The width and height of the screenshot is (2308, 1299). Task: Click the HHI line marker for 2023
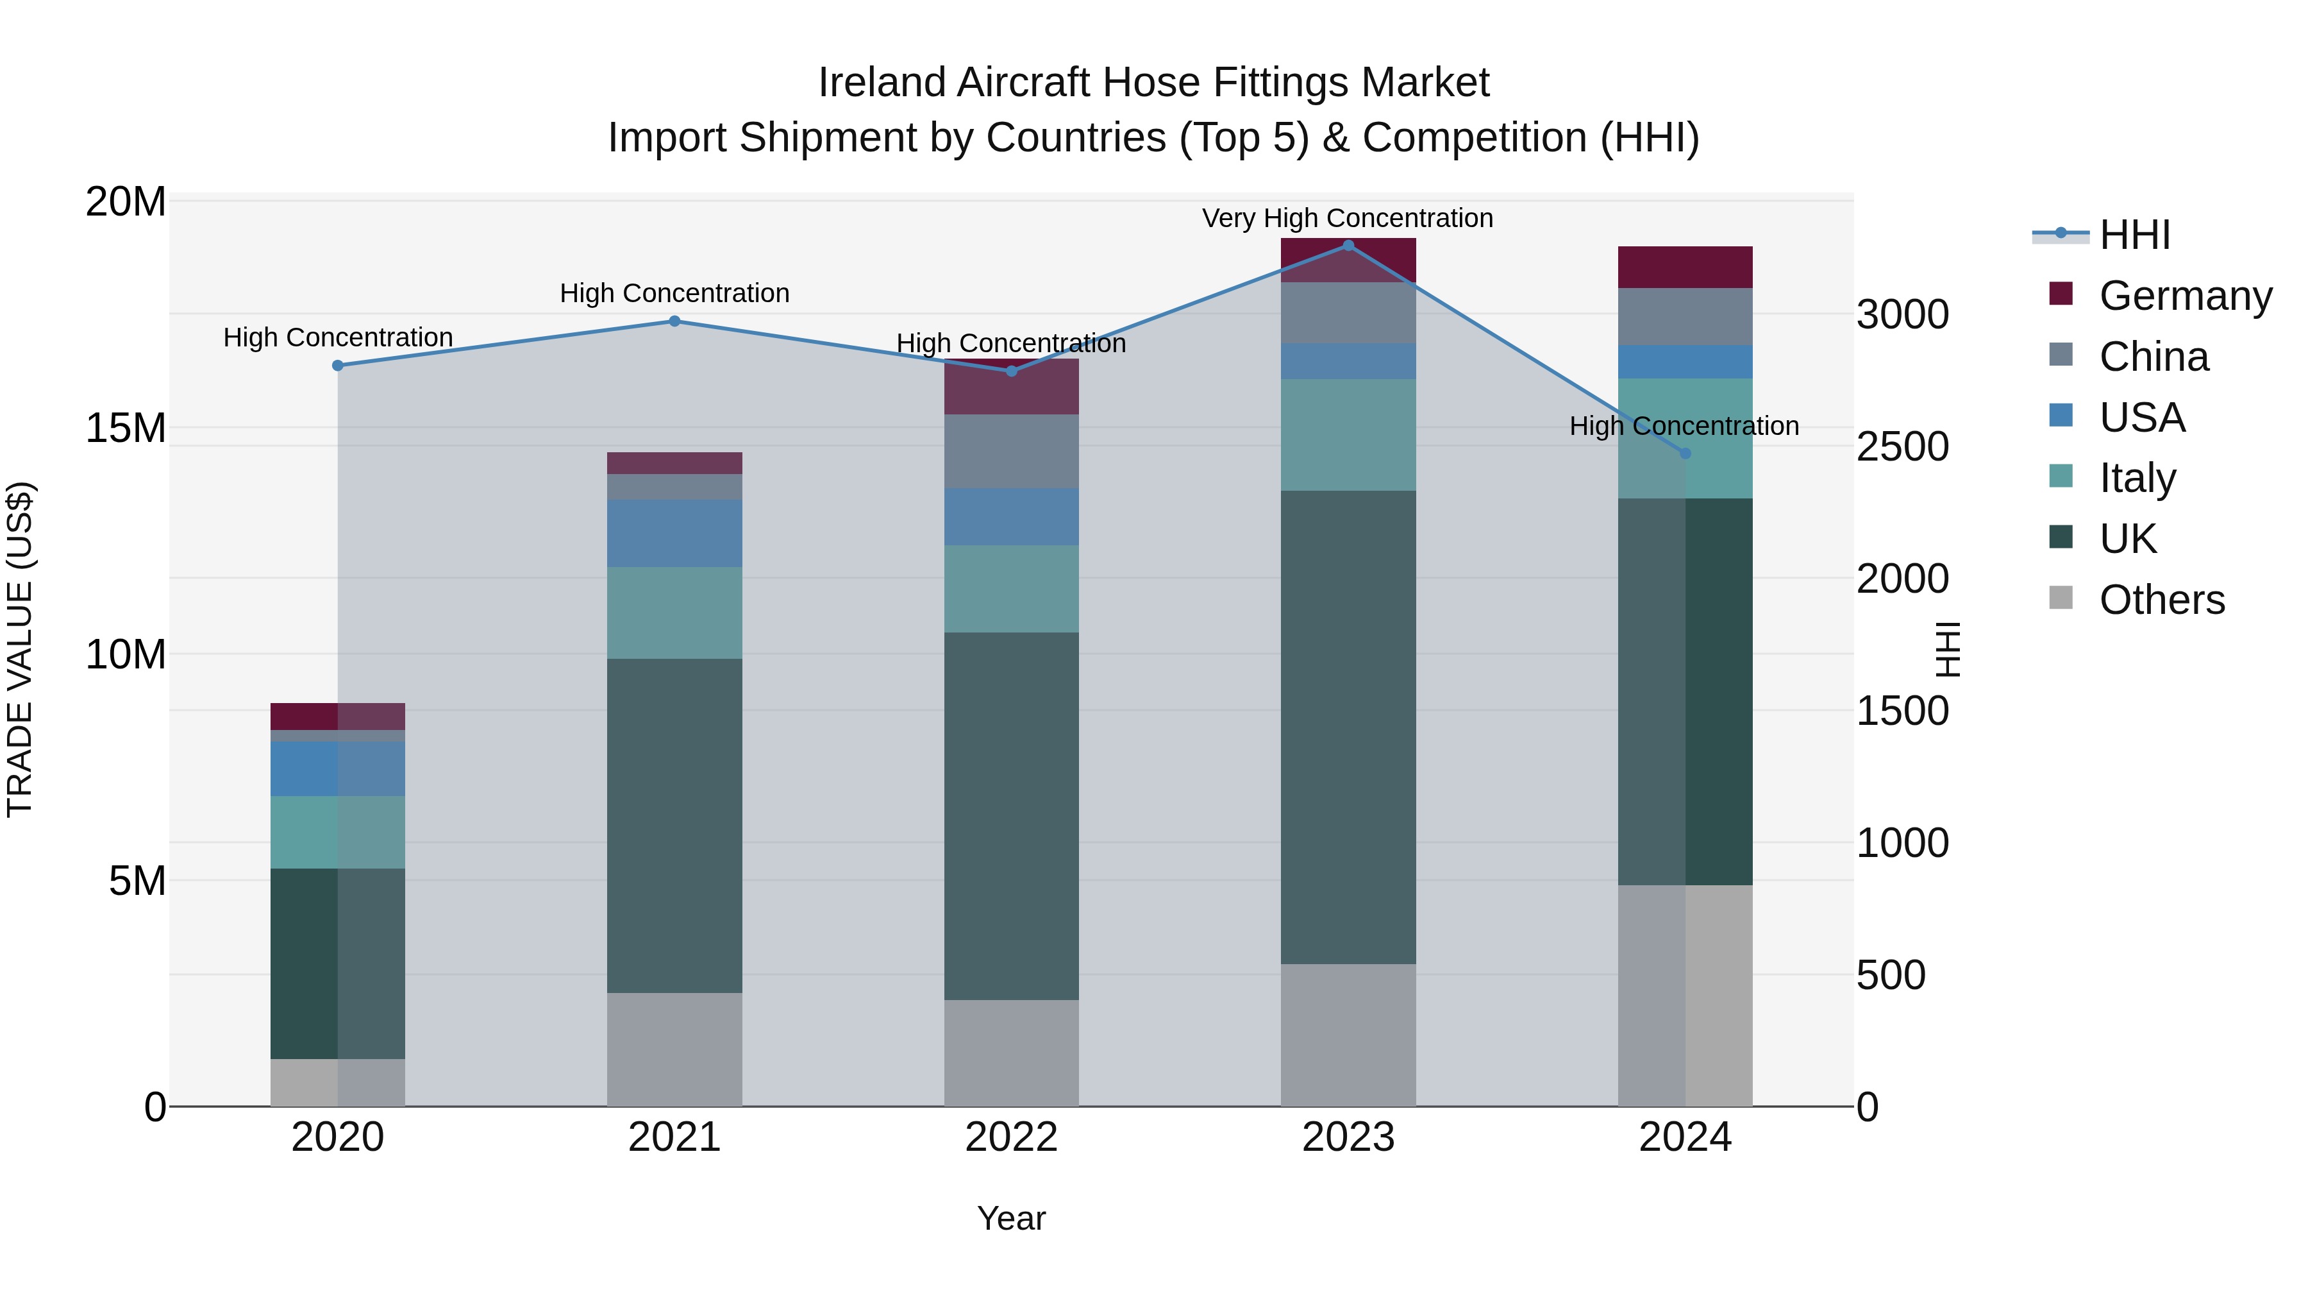1348,245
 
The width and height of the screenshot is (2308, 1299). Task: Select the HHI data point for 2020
338,365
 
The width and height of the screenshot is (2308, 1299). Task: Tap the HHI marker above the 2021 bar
674,321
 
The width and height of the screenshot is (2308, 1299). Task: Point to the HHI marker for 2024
1684,454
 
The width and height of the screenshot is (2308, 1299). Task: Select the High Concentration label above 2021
674,293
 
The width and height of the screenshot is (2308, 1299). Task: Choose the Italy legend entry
2137,478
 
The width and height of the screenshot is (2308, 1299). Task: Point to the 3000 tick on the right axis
1902,315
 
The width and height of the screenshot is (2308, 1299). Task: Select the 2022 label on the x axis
1010,1137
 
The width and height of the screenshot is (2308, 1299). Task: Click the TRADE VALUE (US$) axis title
20,649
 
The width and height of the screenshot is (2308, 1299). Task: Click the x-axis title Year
1010,1218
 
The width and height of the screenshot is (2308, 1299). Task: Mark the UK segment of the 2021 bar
674,825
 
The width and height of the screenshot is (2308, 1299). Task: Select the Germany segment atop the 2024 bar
1684,266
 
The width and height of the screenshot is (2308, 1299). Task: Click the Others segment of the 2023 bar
1348,1035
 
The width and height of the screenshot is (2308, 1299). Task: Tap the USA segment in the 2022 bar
1010,516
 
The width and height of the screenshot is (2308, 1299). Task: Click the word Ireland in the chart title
883,83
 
